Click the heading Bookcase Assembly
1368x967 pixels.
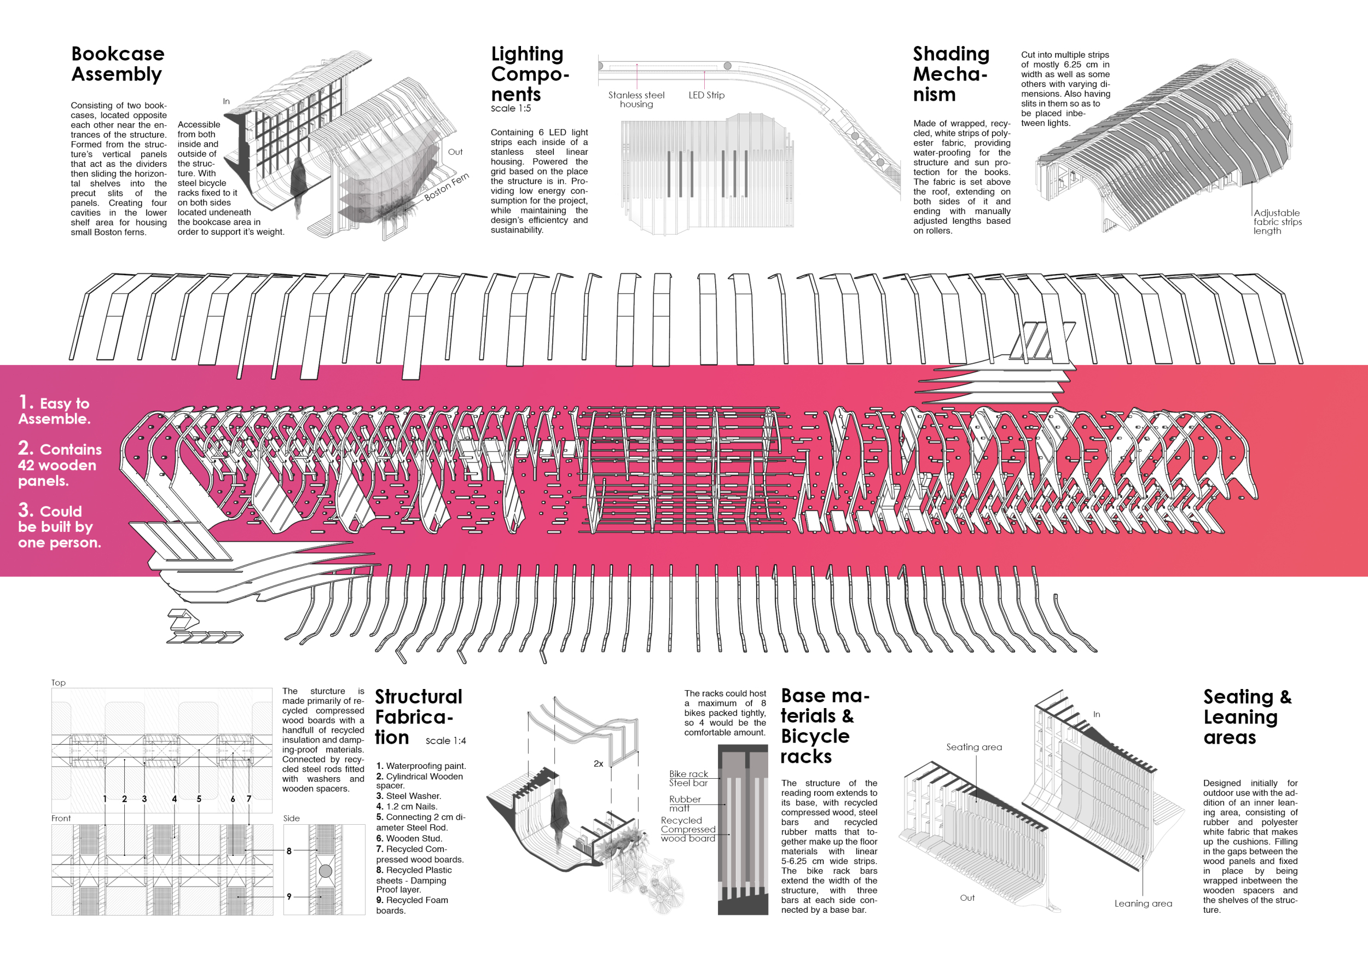(x=118, y=63)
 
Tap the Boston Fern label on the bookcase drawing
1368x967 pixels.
(x=447, y=187)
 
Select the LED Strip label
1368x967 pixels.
(x=706, y=95)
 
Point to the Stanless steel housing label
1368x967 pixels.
(x=636, y=100)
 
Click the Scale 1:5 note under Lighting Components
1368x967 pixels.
(x=511, y=108)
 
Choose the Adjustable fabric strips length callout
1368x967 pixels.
(x=1277, y=222)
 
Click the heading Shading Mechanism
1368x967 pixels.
(x=951, y=74)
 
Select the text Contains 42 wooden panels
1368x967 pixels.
(x=60, y=465)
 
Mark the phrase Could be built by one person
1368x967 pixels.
(x=60, y=526)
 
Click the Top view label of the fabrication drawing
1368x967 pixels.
(x=59, y=683)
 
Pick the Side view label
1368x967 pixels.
(x=291, y=819)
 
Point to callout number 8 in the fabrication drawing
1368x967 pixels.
(x=289, y=852)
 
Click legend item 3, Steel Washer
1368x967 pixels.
(x=409, y=796)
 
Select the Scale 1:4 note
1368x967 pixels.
(x=445, y=740)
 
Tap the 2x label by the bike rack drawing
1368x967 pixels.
(x=598, y=764)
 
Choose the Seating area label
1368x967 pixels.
(x=973, y=747)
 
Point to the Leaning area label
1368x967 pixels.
(x=1143, y=904)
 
